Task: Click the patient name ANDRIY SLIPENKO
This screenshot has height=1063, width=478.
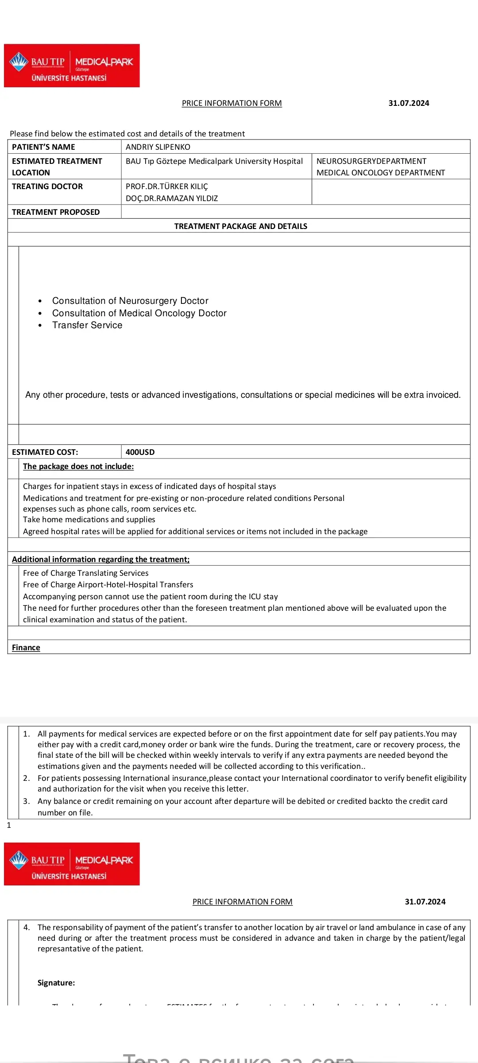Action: click(158, 147)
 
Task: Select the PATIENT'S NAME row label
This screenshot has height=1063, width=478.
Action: click(43, 147)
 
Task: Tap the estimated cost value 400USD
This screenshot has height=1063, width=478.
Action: click(140, 452)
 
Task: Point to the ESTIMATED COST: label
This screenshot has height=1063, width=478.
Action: click(45, 452)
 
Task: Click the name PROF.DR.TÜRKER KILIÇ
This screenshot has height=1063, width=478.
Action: click(167, 186)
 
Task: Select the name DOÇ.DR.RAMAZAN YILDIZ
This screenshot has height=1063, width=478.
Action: click(172, 198)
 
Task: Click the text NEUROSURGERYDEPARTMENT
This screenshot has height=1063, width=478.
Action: click(371, 161)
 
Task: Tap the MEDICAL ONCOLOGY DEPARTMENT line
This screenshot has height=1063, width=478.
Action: click(381, 173)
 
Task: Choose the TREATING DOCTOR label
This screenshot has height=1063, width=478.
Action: click(47, 186)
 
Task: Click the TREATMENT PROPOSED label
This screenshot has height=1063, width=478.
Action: click(56, 212)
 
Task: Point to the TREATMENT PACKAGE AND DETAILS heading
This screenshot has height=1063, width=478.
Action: click(241, 226)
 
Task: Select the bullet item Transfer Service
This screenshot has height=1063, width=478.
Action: click(87, 325)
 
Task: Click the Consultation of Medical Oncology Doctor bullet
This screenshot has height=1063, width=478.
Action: click(139, 313)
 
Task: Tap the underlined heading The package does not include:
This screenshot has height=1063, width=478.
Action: click(78, 466)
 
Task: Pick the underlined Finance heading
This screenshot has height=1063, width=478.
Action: click(26, 648)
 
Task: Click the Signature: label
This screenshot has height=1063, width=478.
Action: click(56, 983)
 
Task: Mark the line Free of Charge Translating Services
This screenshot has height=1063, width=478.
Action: click(86, 573)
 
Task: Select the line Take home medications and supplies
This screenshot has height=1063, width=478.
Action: click(89, 520)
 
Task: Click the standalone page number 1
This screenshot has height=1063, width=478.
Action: click(9, 825)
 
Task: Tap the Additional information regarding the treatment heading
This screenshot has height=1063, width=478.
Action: click(100, 559)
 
